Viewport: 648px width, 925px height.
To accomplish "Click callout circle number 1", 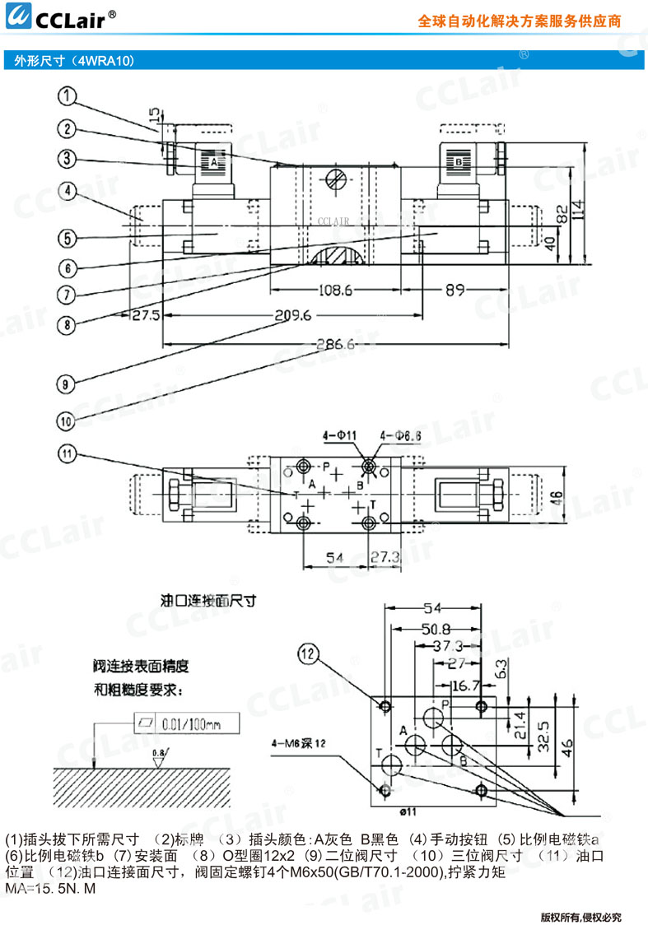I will pyautogui.click(x=68, y=98).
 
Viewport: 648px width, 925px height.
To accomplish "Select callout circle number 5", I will pyautogui.click(x=68, y=239).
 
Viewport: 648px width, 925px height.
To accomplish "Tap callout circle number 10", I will pyautogui.click(x=68, y=421).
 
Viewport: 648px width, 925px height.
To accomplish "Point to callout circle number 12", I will pyautogui.click(x=308, y=654).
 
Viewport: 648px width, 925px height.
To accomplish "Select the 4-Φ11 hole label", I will pyautogui.click(x=339, y=434).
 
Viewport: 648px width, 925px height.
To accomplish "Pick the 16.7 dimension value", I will pyautogui.click(x=464, y=683).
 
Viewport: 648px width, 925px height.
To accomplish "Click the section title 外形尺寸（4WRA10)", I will pyautogui.click(x=70, y=60).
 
